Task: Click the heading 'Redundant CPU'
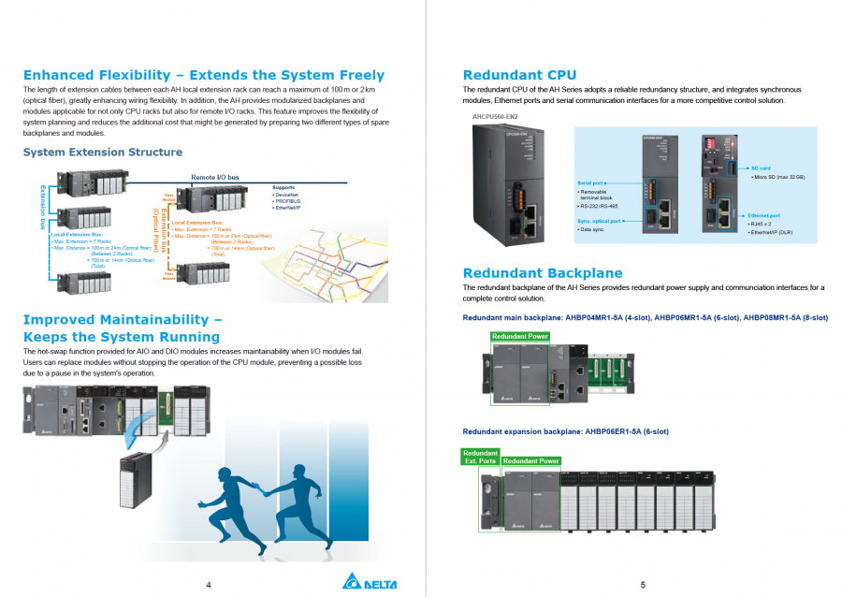519,75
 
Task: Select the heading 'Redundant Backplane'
543,272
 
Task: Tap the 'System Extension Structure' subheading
103,152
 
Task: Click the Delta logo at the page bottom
370,583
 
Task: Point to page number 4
208,585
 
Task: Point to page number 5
644,585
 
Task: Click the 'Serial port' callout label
591,182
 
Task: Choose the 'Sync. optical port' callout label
600,221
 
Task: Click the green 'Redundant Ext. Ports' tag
480,457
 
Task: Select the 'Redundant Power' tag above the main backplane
519,336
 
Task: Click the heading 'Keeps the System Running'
121,336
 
